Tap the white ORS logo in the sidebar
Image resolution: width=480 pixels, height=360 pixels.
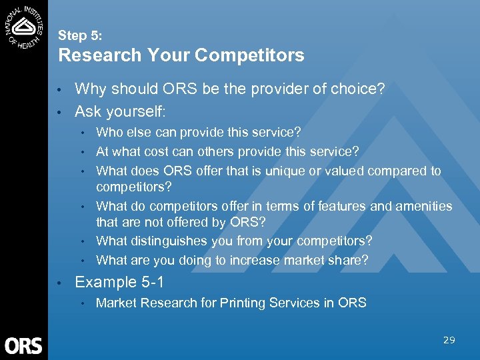23,345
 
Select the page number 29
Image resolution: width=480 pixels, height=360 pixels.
449,340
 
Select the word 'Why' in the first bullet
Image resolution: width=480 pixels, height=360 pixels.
89,89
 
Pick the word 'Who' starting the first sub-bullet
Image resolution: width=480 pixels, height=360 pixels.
109,132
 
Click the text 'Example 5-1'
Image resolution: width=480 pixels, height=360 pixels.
114,282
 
